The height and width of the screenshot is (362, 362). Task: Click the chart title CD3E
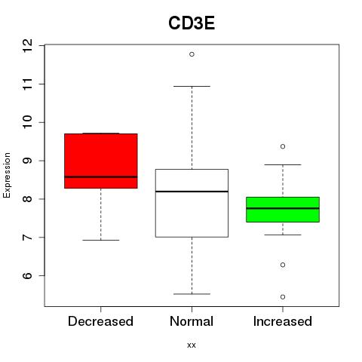click(x=192, y=23)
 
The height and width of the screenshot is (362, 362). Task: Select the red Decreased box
click(x=101, y=161)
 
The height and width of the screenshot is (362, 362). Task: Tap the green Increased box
click(x=283, y=210)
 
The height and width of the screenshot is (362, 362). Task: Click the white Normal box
click(x=192, y=203)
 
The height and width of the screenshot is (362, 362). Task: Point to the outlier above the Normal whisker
click(x=192, y=54)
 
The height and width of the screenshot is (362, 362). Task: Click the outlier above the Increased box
click(x=283, y=146)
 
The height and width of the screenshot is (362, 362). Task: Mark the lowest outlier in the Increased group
click(x=283, y=297)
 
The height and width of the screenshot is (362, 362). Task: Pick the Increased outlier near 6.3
click(x=283, y=265)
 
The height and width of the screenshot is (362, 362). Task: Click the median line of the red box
click(x=101, y=177)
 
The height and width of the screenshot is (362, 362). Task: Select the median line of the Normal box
click(x=192, y=192)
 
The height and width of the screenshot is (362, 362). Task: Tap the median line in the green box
click(x=283, y=208)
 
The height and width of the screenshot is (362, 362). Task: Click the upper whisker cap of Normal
click(x=192, y=86)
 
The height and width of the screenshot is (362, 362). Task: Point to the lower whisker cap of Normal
click(x=192, y=294)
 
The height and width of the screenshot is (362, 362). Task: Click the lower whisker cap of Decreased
click(x=101, y=240)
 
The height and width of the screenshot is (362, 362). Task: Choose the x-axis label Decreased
click(x=100, y=321)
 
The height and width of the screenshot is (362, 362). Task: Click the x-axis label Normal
click(x=192, y=321)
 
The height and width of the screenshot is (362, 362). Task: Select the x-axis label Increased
click(x=283, y=321)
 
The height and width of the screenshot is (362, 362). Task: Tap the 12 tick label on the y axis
click(x=28, y=46)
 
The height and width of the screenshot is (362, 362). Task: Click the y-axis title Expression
click(x=7, y=175)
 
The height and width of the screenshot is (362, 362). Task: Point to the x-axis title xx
click(x=192, y=345)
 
